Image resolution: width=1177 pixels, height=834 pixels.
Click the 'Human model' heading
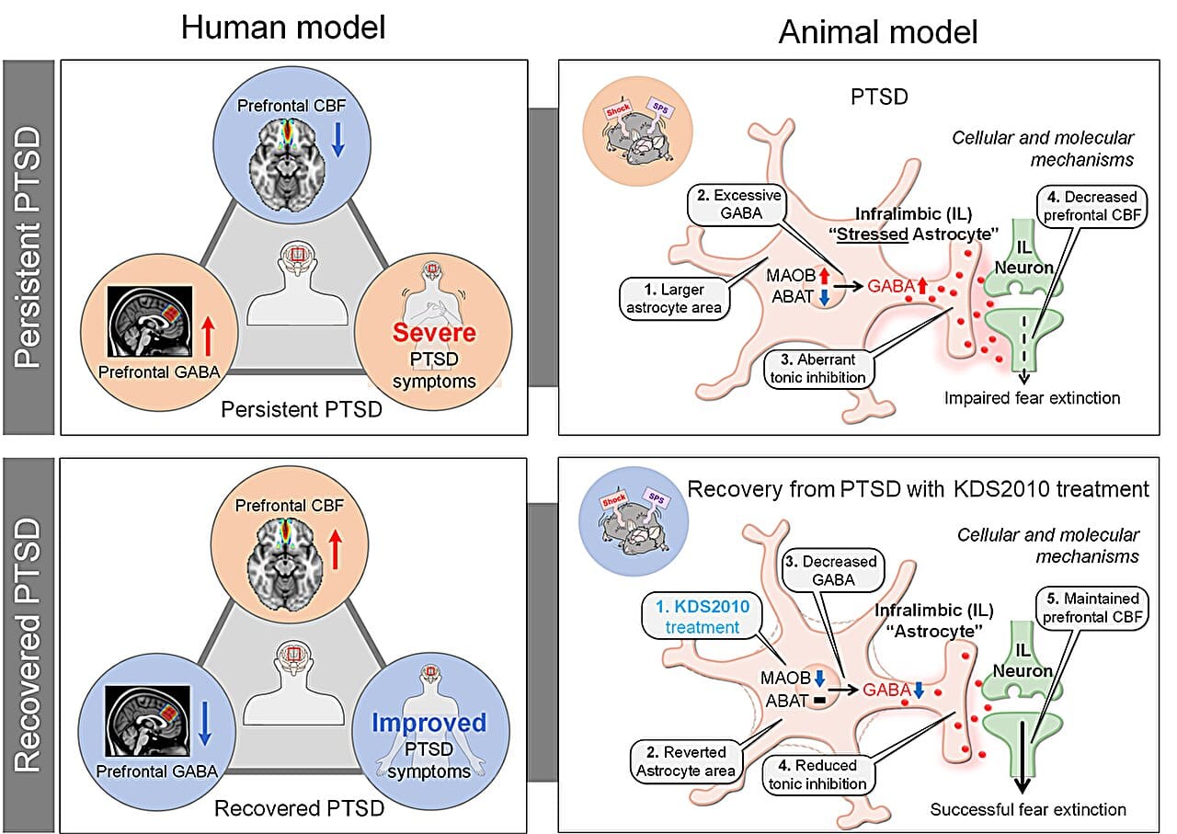pos(282,29)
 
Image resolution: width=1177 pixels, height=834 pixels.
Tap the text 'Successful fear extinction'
pos(1027,809)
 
